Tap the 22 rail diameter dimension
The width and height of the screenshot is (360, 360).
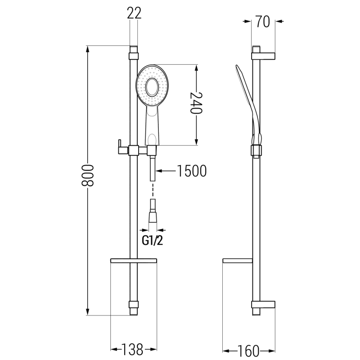134,13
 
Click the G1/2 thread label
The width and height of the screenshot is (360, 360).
153,241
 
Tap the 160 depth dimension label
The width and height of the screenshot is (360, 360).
249,349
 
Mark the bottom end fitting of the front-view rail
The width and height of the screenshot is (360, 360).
134,308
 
